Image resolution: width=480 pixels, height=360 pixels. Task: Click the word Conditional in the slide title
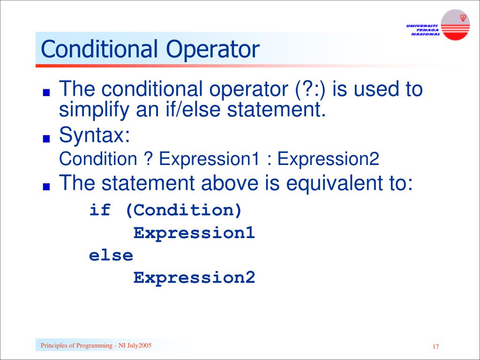pos(99,50)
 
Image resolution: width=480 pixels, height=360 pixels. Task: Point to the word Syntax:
pos(94,136)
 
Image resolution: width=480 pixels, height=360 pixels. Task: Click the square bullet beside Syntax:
pos(45,139)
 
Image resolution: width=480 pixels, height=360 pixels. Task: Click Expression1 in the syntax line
pos(209,159)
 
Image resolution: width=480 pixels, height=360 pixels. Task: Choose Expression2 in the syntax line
pos(328,159)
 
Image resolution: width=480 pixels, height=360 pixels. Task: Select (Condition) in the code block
pos(183,210)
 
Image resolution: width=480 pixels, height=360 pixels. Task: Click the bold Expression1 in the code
pos(194,233)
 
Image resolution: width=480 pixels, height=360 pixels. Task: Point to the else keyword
pos(111,255)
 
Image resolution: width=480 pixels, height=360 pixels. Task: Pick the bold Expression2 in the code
pos(194,278)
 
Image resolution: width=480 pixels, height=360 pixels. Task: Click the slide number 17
pos(435,347)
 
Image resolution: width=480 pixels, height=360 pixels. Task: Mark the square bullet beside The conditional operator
pos(45,92)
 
